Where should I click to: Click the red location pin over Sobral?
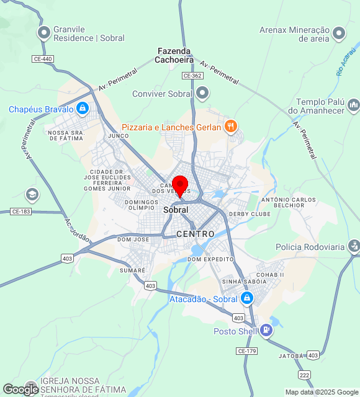180,185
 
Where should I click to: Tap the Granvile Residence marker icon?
44,32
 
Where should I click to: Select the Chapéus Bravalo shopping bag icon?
83,109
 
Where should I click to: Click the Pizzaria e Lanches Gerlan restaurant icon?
230,127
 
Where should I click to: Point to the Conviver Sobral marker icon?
202,94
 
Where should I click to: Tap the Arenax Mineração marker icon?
339,33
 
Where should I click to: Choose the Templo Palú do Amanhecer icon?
353,105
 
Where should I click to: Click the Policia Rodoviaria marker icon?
354,246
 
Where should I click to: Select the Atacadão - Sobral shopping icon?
247,299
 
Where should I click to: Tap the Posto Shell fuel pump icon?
266,331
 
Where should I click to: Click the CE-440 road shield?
43,58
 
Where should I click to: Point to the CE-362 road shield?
192,75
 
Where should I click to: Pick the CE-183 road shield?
20,212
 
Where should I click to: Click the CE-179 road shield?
246,351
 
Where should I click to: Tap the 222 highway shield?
304,375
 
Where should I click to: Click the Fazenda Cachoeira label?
174,55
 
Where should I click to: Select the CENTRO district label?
195,234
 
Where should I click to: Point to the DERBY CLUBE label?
250,214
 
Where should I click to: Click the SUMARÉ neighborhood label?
132,270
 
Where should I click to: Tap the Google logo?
20,389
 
